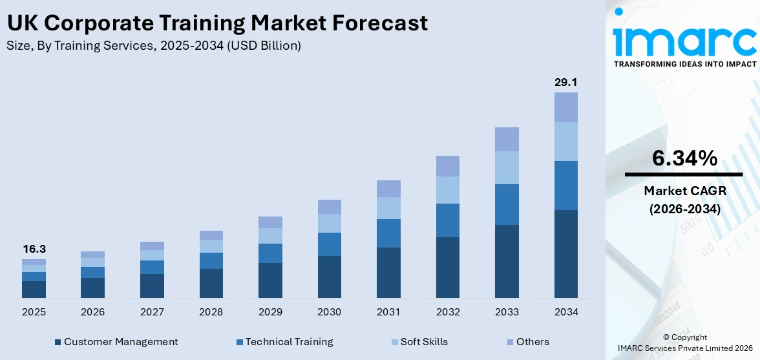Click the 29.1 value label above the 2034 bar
point(565,83)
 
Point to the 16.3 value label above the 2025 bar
point(34,249)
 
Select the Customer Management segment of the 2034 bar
point(565,253)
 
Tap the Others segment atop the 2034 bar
point(565,107)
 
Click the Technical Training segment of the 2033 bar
point(507,204)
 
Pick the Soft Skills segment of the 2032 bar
point(448,190)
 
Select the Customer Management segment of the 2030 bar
point(329,277)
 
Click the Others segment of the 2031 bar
point(388,189)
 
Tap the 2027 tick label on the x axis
point(152,312)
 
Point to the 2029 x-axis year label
point(270,312)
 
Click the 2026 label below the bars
point(92,312)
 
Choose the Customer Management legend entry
point(116,342)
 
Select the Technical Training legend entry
point(284,342)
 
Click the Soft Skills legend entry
point(419,342)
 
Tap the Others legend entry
point(528,342)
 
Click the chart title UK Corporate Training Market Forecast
point(217,23)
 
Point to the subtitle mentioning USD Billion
point(154,46)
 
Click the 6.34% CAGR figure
point(684,158)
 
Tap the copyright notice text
point(684,343)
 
